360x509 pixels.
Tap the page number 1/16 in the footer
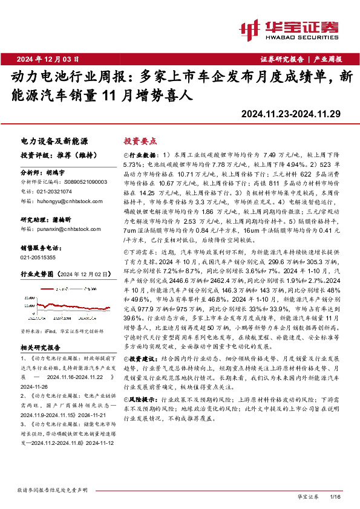pos(337,496)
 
